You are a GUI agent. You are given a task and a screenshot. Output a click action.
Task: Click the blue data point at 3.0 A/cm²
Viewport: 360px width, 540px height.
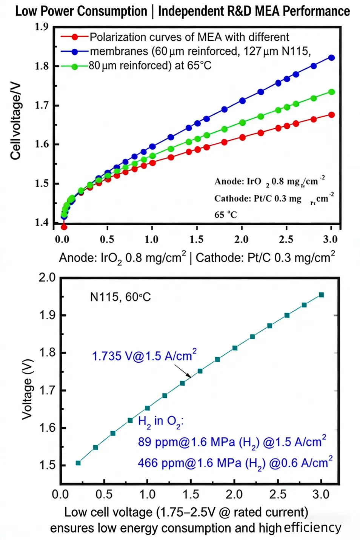[332, 58]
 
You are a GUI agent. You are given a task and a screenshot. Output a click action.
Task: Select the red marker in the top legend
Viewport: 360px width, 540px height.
[75, 37]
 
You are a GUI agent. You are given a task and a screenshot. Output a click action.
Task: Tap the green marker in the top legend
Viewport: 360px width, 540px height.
[75, 66]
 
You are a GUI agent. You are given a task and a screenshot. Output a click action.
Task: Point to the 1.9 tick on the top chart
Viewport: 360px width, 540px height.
[42, 27]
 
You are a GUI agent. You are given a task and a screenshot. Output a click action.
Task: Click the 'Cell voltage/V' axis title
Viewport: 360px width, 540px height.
[15, 121]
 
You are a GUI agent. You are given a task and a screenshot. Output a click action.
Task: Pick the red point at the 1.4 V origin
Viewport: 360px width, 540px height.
[64, 227]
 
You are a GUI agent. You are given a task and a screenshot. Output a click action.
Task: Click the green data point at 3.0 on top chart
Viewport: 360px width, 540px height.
[332, 92]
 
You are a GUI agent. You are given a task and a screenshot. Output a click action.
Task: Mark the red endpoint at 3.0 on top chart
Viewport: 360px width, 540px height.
[332, 115]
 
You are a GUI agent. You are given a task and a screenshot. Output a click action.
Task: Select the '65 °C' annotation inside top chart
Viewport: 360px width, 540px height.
[226, 215]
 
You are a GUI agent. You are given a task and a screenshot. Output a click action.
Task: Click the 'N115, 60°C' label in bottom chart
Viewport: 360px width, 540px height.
[120, 297]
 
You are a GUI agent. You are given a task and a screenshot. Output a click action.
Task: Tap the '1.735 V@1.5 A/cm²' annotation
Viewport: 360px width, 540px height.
[144, 356]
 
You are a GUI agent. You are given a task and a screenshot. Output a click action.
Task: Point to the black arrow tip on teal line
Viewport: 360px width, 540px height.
[191, 377]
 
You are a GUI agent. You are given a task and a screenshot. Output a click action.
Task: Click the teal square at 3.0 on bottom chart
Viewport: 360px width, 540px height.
[322, 295]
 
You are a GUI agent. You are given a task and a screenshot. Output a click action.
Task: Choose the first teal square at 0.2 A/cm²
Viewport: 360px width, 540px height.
[78, 463]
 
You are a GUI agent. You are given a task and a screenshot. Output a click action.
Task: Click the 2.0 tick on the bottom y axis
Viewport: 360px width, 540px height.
[47, 278]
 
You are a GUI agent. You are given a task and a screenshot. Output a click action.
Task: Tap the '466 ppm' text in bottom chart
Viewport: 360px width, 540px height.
[153, 463]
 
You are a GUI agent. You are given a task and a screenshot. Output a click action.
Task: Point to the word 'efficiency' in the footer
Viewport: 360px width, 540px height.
[312, 528]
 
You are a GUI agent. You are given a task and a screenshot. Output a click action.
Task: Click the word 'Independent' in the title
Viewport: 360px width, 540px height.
[191, 11]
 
